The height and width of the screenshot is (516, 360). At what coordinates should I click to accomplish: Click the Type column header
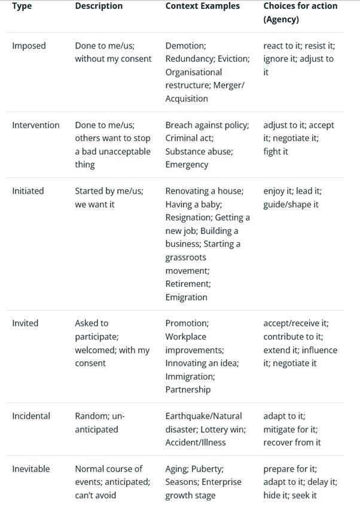click(x=22, y=6)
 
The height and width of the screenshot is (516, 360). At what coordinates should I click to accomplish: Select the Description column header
click(x=99, y=6)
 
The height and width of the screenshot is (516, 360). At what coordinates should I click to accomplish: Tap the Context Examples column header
click(x=202, y=6)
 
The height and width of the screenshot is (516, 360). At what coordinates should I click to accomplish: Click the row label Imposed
click(x=29, y=45)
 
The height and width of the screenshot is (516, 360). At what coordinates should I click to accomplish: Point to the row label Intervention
click(x=36, y=125)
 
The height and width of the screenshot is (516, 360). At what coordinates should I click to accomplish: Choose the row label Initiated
click(x=28, y=191)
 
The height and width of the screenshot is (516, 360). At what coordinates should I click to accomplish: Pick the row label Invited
click(x=25, y=323)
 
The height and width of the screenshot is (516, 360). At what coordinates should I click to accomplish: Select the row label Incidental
click(x=31, y=416)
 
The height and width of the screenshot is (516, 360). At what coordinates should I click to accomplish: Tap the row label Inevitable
click(x=31, y=469)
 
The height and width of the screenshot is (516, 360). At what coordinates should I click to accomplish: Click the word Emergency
click(x=187, y=164)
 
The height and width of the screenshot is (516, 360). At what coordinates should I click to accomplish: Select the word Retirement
click(x=188, y=284)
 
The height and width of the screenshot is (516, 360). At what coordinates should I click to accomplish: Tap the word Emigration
click(x=187, y=297)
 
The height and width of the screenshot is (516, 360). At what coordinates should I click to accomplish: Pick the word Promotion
click(x=187, y=323)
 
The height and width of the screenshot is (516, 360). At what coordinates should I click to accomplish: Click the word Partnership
click(x=188, y=389)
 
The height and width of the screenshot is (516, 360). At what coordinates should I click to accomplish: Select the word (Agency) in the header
click(x=281, y=19)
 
